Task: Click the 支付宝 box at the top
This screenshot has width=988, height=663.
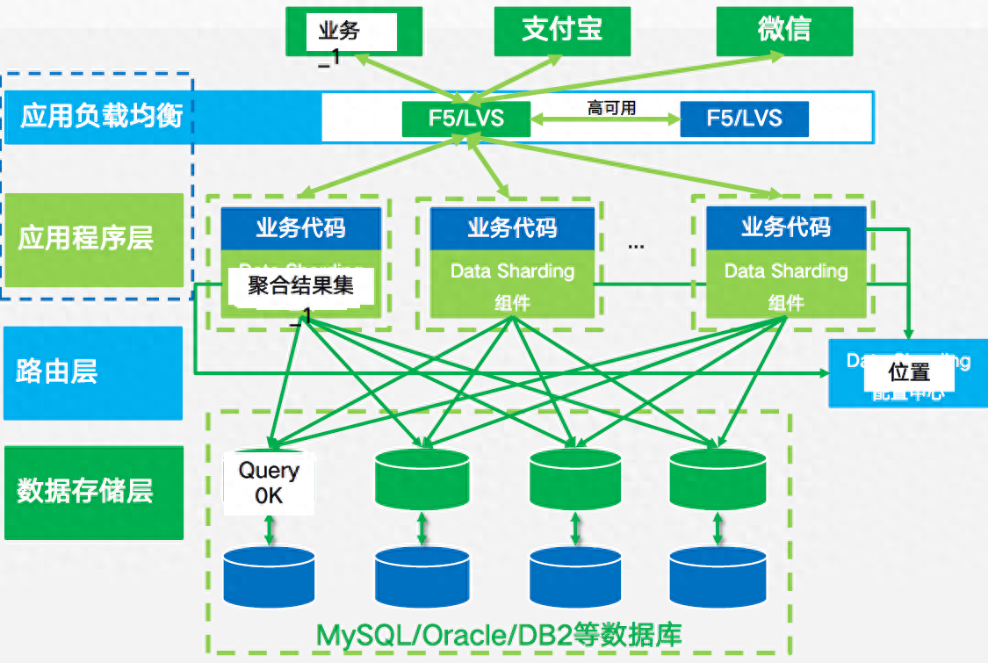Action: pyautogui.click(x=561, y=31)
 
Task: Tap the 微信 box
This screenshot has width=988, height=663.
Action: pyautogui.click(x=783, y=31)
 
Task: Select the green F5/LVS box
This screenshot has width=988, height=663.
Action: pyautogui.click(x=466, y=119)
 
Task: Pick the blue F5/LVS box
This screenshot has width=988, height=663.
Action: pyautogui.click(x=744, y=119)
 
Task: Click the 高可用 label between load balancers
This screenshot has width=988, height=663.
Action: pyautogui.click(x=611, y=109)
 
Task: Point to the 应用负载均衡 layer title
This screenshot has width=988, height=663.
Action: pyautogui.click(x=102, y=116)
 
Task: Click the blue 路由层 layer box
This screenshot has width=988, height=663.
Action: pyautogui.click(x=93, y=373)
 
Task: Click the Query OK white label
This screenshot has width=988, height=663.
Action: pyautogui.click(x=269, y=483)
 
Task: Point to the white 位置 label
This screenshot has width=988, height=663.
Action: pyautogui.click(x=908, y=373)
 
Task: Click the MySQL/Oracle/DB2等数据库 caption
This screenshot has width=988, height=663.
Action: pyautogui.click(x=499, y=634)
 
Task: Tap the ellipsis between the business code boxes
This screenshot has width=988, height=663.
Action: pyautogui.click(x=636, y=247)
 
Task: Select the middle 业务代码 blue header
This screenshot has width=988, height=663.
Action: pyautogui.click(x=512, y=228)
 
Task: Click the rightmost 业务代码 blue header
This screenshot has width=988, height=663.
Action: pyautogui.click(x=786, y=227)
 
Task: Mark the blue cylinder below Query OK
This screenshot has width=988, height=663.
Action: pyautogui.click(x=269, y=575)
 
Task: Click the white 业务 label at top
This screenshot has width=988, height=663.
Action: pyautogui.click(x=339, y=32)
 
